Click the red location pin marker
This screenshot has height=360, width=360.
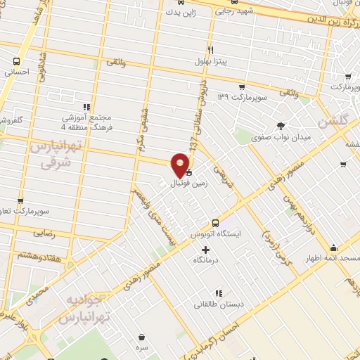coord(181,165)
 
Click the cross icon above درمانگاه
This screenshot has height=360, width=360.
coord(205,250)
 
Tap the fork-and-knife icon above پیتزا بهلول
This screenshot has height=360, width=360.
coord(210,50)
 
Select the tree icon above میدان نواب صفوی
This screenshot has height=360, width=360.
coord(281,125)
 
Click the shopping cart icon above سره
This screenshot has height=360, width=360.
coord(143,337)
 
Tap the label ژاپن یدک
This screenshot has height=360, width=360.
coord(176,12)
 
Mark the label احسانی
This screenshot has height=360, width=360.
coord(15,72)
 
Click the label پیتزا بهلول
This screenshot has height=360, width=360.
coord(211,62)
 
